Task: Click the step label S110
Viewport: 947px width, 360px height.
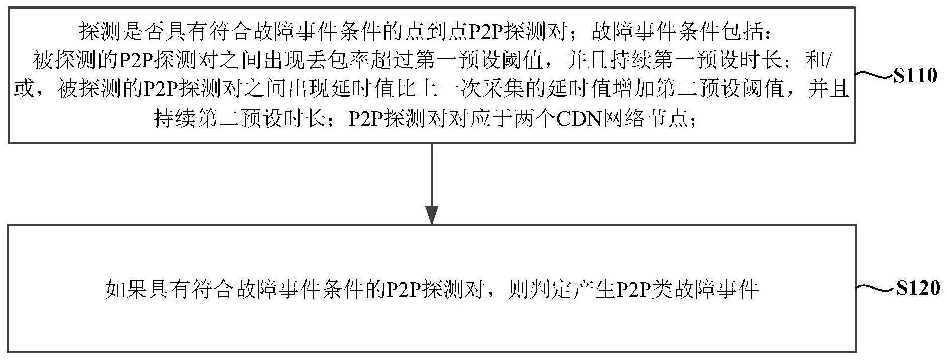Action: pyautogui.click(x=915, y=76)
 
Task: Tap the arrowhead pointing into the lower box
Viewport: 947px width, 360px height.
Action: pyautogui.click(x=432, y=214)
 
